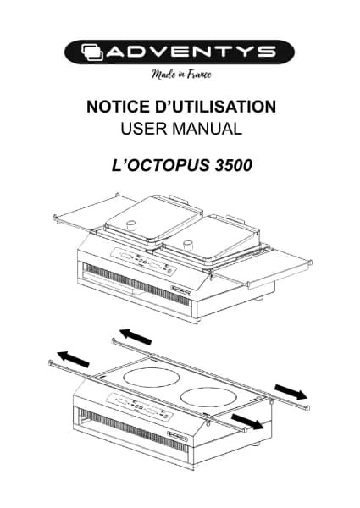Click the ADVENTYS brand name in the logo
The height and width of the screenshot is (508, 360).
(191, 52)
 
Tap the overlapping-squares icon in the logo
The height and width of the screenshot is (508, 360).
(92, 52)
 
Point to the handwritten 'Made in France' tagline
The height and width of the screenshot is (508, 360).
(182, 75)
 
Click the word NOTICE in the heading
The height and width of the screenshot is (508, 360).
(119, 107)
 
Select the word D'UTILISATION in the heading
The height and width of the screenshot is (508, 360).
(216, 107)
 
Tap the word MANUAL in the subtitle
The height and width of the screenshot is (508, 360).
(208, 129)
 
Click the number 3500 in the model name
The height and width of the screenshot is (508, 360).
(233, 165)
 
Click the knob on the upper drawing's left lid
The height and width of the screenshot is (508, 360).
(131, 225)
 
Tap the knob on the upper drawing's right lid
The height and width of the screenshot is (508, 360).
(188, 245)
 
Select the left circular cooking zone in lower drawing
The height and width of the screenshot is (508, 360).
(152, 377)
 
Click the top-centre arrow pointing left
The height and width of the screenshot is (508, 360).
(136, 336)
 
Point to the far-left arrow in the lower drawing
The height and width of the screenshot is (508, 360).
(73, 359)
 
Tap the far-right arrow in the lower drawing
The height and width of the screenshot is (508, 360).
(291, 392)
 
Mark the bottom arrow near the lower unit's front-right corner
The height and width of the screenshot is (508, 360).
(247, 422)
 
